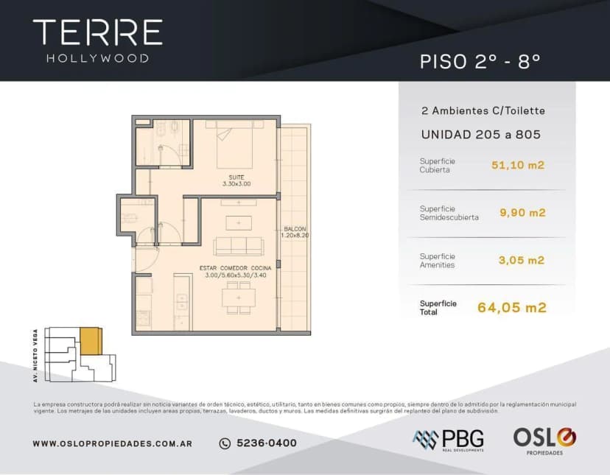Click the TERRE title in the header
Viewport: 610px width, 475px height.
click(97, 32)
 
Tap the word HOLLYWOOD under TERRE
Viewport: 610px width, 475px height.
click(97, 58)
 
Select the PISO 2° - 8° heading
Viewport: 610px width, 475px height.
click(480, 62)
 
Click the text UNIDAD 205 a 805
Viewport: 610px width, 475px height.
click(480, 135)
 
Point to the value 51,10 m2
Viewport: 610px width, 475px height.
click(518, 165)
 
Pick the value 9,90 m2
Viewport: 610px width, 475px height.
click(522, 213)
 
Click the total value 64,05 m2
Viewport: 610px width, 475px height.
click(512, 308)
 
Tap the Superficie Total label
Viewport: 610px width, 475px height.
click(438, 308)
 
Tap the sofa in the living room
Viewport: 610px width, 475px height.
click(237, 246)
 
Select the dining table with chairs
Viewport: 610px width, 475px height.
click(239, 298)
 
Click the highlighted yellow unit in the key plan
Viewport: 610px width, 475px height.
click(91, 341)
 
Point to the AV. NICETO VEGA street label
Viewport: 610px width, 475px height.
click(35, 355)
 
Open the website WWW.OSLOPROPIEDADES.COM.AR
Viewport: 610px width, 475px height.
click(113, 443)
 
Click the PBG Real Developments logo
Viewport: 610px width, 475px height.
click(448, 440)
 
